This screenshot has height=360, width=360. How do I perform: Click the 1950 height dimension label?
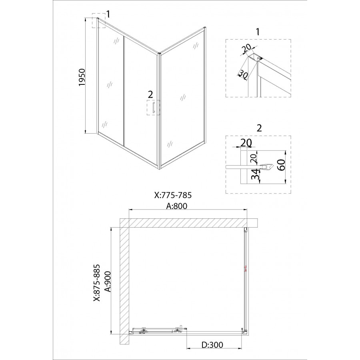(x=82, y=78)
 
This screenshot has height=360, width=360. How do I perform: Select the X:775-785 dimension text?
(x=173, y=195)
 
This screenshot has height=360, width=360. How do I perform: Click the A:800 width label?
(x=177, y=206)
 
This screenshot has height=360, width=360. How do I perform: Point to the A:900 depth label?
(x=108, y=282)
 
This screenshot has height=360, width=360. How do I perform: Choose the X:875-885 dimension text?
(x=97, y=283)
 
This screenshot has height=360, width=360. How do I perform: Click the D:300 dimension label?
(x=212, y=345)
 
